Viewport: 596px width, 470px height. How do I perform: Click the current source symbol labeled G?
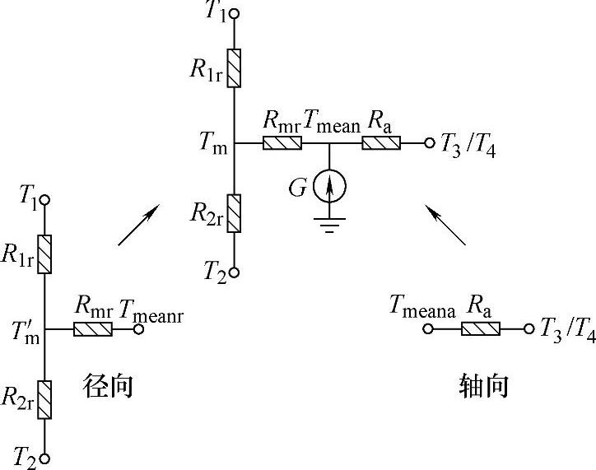pos(329,188)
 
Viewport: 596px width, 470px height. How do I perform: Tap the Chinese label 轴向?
pos(483,386)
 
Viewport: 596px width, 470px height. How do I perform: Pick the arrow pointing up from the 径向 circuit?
pos(138,226)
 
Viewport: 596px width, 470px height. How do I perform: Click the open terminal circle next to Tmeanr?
pos(139,329)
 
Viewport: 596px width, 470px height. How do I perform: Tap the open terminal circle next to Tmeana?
pos(428,329)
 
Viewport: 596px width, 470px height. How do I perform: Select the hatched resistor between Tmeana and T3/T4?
pos(480,329)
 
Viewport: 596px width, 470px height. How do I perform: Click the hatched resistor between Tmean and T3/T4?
pos(381,143)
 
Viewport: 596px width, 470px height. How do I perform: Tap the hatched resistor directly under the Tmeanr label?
pos(93,329)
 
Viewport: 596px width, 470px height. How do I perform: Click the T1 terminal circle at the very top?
pos(235,14)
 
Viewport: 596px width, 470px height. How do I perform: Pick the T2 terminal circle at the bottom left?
pos(45,458)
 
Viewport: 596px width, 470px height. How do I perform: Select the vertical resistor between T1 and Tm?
pos(235,68)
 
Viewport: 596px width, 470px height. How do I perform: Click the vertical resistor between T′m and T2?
pos(45,398)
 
